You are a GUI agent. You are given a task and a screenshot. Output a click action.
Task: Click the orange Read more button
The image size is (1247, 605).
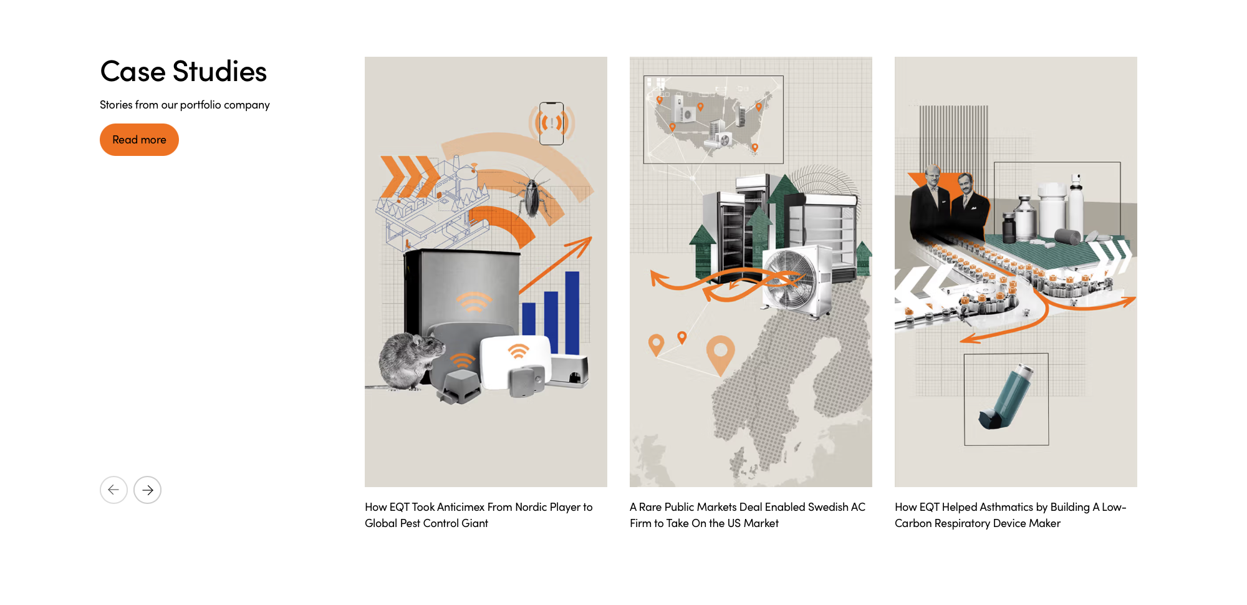(x=139, y=140)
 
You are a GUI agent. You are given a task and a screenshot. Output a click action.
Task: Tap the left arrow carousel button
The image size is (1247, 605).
(x=113, y=490)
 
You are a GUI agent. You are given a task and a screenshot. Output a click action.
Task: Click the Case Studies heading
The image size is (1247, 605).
(x=183, y=71)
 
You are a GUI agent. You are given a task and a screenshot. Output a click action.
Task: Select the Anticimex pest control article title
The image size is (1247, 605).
(x=479, y=515)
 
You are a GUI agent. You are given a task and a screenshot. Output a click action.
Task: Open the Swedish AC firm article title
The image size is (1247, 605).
(x=748, y=515)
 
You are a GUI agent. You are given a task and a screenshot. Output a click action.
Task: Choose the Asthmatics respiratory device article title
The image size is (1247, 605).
(x=1011, y=515)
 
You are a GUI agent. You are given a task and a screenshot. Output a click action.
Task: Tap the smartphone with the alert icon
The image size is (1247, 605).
(x=551, y=123)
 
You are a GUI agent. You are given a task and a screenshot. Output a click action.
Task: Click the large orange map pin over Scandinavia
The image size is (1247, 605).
(x=720, y=354)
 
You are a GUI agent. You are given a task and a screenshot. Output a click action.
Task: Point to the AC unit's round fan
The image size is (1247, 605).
(x=791, y=281)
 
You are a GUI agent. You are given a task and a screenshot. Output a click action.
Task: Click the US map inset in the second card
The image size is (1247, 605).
(x=713, y=120)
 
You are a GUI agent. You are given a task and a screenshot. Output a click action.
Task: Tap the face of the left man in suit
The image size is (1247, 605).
(x=933, y=178)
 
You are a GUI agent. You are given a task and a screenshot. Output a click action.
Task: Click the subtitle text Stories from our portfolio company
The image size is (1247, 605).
(x=185, y=105)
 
